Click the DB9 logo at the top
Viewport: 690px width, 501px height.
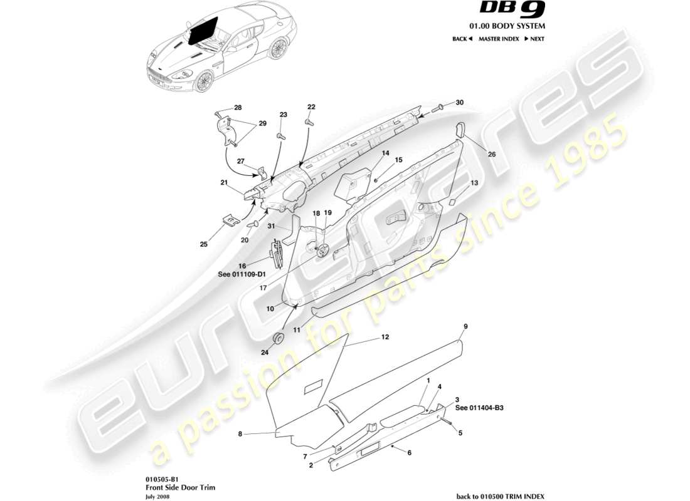point(513,9)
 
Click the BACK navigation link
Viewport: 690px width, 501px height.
point(462,39)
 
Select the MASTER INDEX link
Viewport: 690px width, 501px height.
point(499,39)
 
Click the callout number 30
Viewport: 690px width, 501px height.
point(460,102)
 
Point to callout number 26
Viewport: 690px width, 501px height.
point(492,153)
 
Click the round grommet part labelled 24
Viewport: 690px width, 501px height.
point(276,338)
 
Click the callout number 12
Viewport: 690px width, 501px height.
point(385,338)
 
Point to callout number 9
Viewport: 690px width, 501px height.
point(465,326)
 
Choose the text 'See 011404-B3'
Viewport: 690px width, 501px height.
point(479,408)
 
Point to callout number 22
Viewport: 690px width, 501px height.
point(311,107)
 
